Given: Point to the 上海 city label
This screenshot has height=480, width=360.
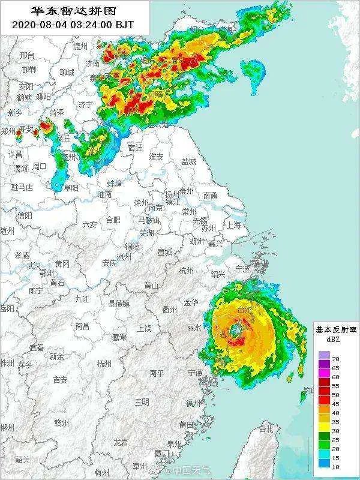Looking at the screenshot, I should pyautogui.click(x=233, y=225).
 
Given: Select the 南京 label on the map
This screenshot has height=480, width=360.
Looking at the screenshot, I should pyautogui.click(x=155, y=208).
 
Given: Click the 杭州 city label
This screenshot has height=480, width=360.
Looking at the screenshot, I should pyautogui.click(x=187, y=271).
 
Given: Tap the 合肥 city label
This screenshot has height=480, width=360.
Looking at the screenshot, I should pyautogui.click(x=113, y=220).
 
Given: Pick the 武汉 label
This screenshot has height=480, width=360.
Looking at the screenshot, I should pyautogui.click(x=34, y=265).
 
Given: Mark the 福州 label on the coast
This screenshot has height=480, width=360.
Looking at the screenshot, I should pyautogui.click(x=193, y=403).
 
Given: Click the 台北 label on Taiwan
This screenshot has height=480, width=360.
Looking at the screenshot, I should pyautogui.click(x=265, y=429).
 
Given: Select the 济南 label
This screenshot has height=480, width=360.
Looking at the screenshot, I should pyautogui.click(x=92, y=63).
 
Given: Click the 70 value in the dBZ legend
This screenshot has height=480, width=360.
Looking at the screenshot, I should pyautogui.click(x=335, y=358).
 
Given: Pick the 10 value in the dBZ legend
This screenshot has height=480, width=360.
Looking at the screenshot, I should pyautogui.click(x=335, y=465).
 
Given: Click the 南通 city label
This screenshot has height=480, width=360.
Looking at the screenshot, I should pyautogui.click(x=210, y=196).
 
